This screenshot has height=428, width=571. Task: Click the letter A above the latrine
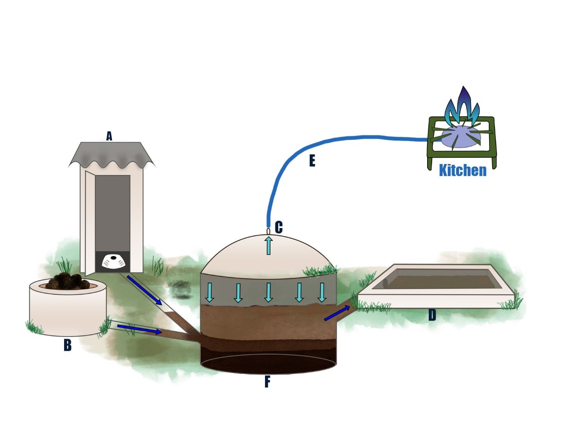point(109,136)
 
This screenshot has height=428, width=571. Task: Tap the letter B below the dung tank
point(67,345)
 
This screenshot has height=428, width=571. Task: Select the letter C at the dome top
point(279,227)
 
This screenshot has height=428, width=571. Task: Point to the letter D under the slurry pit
point(432,315)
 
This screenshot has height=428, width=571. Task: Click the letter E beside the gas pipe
point(312,160)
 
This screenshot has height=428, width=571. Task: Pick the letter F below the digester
point(268,382)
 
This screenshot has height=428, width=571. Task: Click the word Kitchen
point(463,170)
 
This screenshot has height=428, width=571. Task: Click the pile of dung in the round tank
point(68,281)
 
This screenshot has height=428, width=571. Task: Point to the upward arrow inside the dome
point(269,245)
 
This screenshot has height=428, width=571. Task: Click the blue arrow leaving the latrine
point(144,290)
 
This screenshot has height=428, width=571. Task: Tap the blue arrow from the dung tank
point(139,329)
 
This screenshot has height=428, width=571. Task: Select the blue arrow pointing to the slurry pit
point(337,314)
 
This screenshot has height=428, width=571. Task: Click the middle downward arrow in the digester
point(269,292)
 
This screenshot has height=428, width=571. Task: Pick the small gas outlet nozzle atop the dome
point(268,231)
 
